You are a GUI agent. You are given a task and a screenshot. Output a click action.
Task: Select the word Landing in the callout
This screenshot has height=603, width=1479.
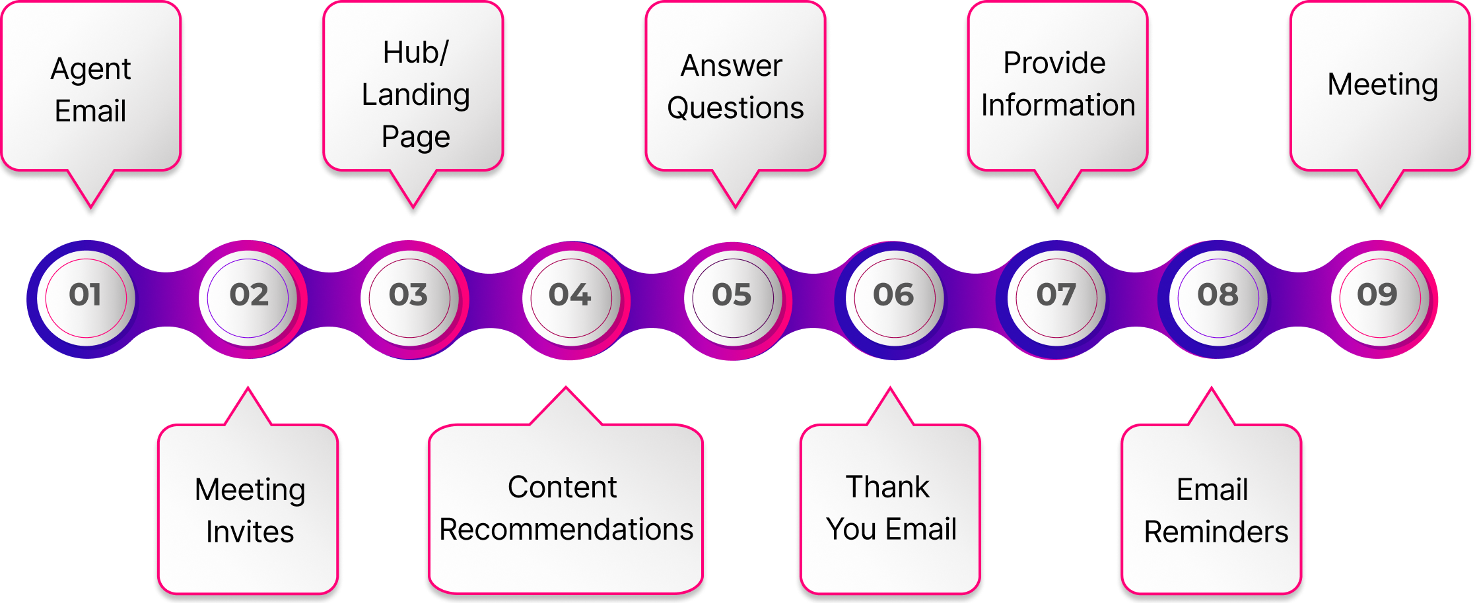click(415, 95)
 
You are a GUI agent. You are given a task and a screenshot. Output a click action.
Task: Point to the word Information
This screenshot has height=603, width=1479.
click(1058, 106)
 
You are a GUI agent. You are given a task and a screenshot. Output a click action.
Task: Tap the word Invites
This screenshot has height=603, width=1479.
click(250, 532)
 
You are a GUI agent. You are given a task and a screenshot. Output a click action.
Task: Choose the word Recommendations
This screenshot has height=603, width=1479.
click(566, 530)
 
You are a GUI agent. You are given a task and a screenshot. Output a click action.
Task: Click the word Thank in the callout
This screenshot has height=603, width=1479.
click(887, 488)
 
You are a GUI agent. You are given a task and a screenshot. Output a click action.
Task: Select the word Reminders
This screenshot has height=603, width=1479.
click(1216, 532)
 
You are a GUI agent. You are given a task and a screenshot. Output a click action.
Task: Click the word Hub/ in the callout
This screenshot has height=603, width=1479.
click(415, 53)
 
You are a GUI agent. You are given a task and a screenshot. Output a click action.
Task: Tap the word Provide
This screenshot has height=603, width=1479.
click(1054, 63)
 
